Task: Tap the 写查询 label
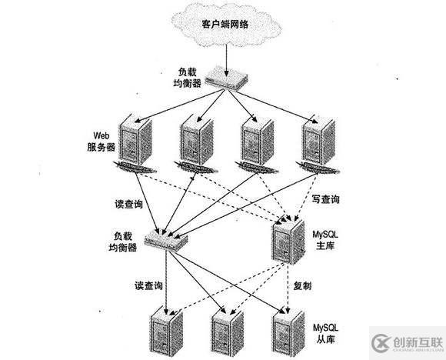[327, 200]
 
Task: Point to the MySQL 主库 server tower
[286, 244]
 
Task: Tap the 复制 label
[302, 285]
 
